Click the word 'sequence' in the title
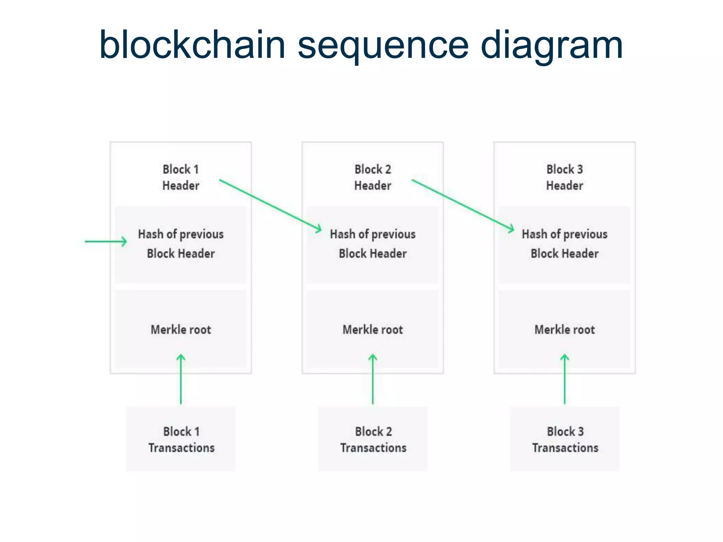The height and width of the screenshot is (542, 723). coord(383,46)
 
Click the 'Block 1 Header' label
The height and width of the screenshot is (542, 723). coord(181,177)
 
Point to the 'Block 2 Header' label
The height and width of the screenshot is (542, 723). coord(373,177)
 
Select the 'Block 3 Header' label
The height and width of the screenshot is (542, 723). coord(564,177)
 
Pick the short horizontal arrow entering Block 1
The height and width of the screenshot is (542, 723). coord(106,241)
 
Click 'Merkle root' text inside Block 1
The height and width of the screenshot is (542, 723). coord(181,330)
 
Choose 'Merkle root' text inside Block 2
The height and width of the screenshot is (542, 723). coord(373,330)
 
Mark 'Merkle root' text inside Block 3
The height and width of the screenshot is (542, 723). coord(564,330)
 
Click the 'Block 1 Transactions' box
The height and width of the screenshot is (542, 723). coord(181,439)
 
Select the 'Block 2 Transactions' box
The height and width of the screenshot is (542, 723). coord(373,439)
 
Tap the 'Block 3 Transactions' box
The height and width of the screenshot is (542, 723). coord(564,439)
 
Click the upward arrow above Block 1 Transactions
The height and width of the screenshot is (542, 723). coord(181,379)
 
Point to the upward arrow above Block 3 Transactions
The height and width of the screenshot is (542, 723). coord(564,379)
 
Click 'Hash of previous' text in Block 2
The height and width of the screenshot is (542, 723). coord(373,234)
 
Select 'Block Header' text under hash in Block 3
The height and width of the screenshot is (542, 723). coord(564,253)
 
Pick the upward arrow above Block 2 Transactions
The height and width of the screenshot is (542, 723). coord(373,379)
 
